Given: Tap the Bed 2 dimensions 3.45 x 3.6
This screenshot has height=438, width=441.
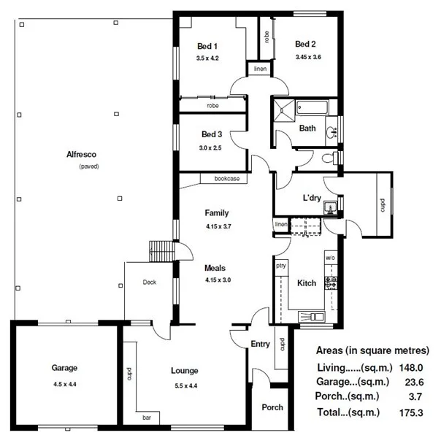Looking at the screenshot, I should [x=308, y=57].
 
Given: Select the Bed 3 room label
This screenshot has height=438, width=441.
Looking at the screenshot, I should [x=212, y=134].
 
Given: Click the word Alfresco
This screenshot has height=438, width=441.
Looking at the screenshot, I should [x=82, y=154].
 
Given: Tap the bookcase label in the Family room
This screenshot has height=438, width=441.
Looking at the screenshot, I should [x=229, y=178].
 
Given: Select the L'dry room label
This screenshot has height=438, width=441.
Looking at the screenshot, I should [x=312, y=198].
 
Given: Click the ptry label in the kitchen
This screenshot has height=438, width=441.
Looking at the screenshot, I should [x=280, y=266].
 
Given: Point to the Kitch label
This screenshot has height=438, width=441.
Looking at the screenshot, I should [x=307, y=283].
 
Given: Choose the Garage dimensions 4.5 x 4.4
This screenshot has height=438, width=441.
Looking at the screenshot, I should [x=64, y=384].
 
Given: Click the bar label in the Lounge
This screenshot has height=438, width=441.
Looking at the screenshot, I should [x=147, y=418].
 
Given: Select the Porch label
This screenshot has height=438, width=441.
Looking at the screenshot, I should [x=272, y=407].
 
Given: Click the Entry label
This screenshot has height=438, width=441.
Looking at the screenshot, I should [x=260, y=345].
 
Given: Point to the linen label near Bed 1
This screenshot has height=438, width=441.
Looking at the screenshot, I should [x=260, y=69].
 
